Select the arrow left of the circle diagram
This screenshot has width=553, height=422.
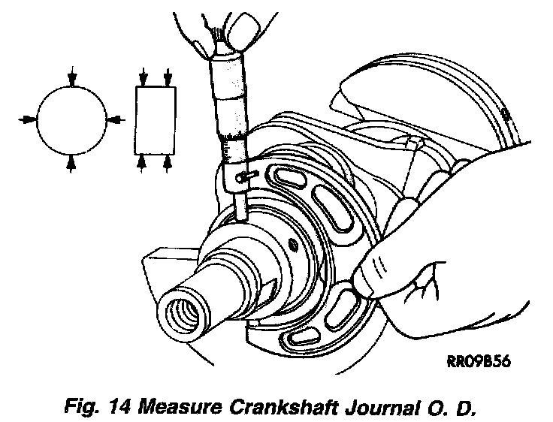click(x=25, y=119)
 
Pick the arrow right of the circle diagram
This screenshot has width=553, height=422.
click(x=116, y=119)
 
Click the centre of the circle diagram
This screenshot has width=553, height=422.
click(x=71, y=119)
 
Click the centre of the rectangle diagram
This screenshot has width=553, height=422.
click(x=156, y=119)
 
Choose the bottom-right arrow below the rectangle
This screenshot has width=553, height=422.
click(x=168, y=161)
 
